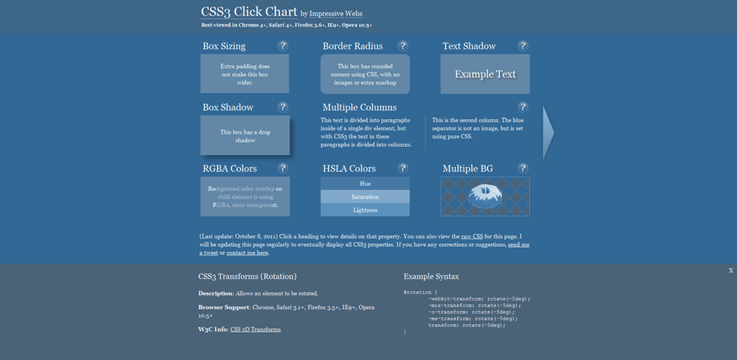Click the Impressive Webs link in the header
click(x=335, y=14)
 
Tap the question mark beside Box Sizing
click(x=283, y=46)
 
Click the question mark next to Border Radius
click(x=403, y=46)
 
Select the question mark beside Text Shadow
click(x=523, y=46)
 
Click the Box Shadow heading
click(x=228, y=107)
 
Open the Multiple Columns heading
click(x=359, y=107)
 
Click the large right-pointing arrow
click(x=548, y=132)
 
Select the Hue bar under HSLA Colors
click(x=365, y=184)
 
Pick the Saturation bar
click(x=365, y=197)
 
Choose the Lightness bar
click(x=365, y=210)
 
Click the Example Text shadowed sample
click(x=485, y=74)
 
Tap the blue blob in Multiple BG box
click(x=485, y=196)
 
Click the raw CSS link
click(x=471, y=236)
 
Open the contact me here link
click(x=248, y=253)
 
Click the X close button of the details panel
click(x=731, y=270)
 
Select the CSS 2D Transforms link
click(x=256, y=329)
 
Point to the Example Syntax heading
click(x=431, y=276)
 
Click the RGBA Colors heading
click(x=230, y=168)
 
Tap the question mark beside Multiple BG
click(x=523, y=168)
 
